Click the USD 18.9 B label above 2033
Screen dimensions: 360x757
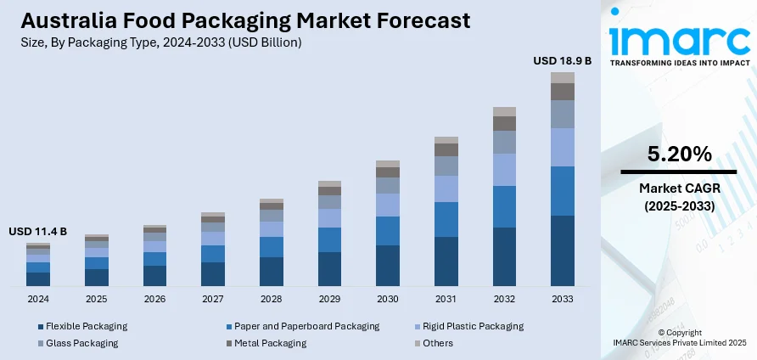point(562,61)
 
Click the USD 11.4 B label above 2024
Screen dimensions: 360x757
point(38,232)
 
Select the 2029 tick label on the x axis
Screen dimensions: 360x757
point(329,299)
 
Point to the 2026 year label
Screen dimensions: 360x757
point(154,299)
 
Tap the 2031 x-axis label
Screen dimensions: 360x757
point(446,299)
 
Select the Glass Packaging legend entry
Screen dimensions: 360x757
point(81,343)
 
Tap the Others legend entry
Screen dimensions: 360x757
point(437,343)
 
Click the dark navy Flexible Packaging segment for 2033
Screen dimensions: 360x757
point(562,250)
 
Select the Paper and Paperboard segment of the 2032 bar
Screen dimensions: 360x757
point(504,206)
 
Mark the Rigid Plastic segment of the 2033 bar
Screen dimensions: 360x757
point(562,147)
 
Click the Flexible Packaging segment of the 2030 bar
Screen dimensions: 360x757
point(388,265)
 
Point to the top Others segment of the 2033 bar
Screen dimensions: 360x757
point(562,77)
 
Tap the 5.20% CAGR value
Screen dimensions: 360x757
point(679,155)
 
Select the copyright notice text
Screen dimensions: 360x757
point(679,337)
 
